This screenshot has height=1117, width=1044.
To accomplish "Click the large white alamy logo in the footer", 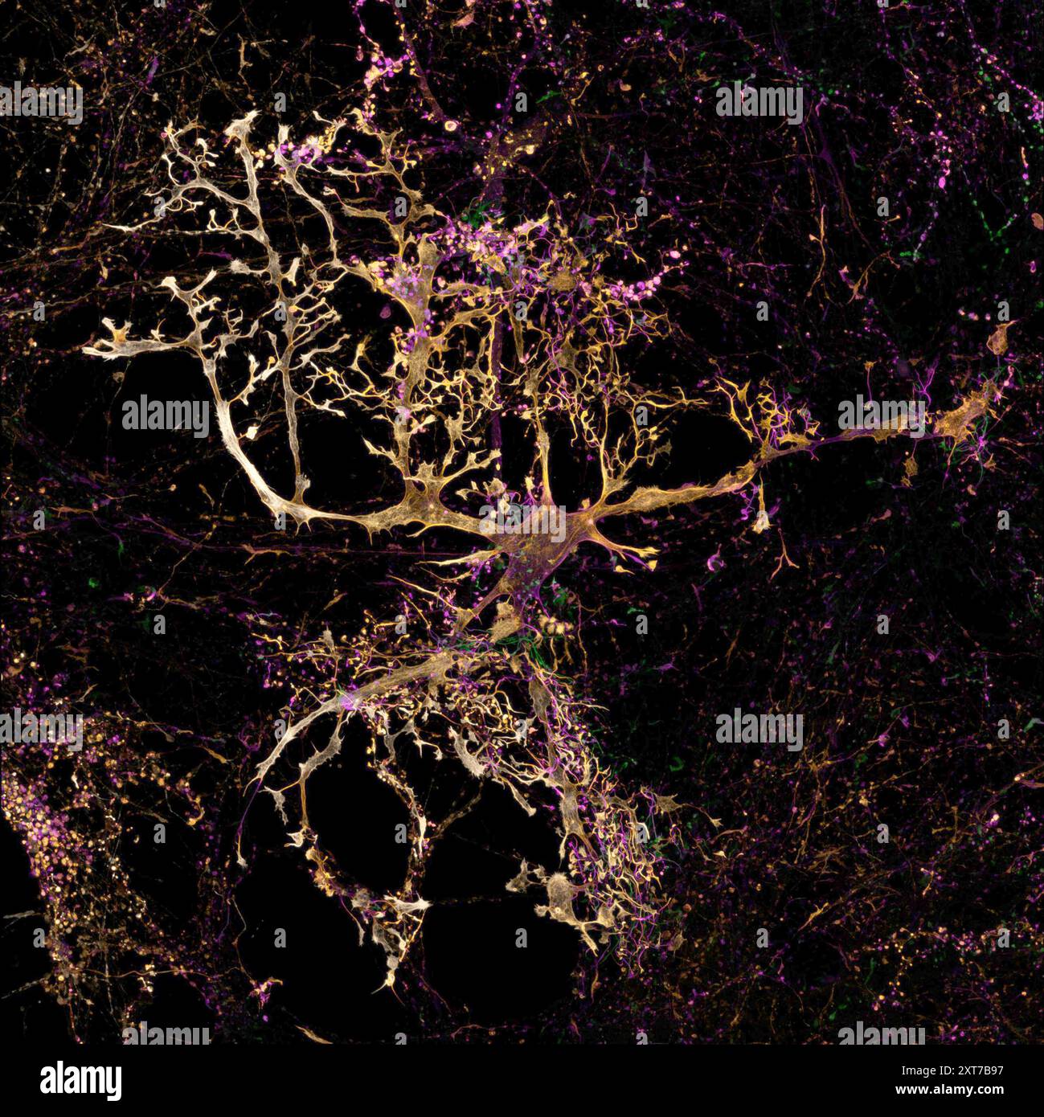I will click(x=80, y=1080).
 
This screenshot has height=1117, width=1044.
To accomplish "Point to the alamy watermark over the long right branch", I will click(x=882, y=414).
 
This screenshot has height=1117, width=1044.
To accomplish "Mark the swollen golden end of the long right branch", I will click(x=964, y=418).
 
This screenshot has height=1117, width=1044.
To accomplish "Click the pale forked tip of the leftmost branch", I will click(x=100, y=346).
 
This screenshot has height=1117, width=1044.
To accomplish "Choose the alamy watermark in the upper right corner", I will click(x=759, y=104).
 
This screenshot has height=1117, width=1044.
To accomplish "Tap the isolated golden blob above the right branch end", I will click(x=1001, y=338).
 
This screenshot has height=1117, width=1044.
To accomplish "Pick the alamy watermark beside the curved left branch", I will click(x=166, y=414).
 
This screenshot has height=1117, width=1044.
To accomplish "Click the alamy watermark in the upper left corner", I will click(x=42, y=104).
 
